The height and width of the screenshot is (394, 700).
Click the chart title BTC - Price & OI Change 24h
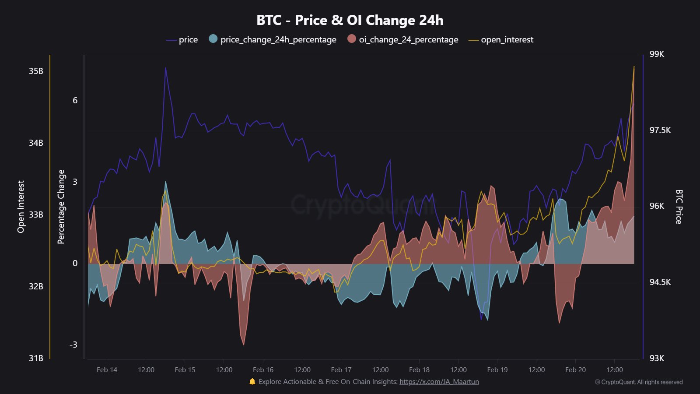(350, 20)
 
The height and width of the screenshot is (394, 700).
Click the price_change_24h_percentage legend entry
(273, 40)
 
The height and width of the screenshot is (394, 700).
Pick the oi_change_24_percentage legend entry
(403, 40)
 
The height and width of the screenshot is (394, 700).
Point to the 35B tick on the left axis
(36, 71)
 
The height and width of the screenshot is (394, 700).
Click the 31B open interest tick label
(36, 358)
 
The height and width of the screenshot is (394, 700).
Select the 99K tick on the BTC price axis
(657, 54)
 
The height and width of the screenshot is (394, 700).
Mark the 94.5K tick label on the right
(660, 282)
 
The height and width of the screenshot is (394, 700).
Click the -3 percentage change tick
(73, 345)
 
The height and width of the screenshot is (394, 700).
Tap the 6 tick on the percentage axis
(75, 101)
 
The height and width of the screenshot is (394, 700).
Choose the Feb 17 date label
(341, 370)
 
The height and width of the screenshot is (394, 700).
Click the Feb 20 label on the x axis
(575, 370)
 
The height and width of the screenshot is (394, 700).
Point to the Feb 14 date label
(107, 370)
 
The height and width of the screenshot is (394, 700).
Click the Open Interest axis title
(21, 207)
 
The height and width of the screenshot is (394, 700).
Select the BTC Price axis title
(679, 207)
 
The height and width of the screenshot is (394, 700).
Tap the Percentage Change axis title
(61, 207)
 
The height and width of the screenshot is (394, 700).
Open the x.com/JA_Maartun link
(439, 382)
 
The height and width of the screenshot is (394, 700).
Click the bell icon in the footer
(252, 382)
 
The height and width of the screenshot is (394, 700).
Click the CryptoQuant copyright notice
(639, 382)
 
